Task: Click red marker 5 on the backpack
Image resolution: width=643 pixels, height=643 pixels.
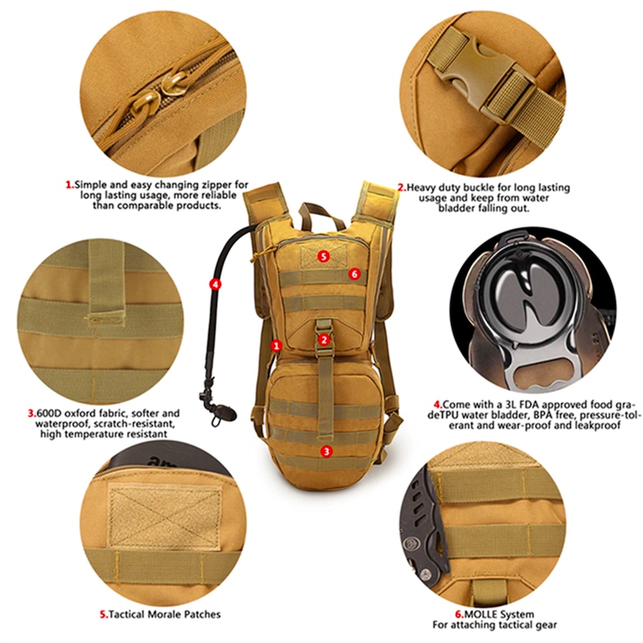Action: [x=324, y=256]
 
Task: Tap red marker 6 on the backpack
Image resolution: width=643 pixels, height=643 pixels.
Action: [x=354, y=274]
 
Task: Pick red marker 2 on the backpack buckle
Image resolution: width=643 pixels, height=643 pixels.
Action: [x=324, y=339]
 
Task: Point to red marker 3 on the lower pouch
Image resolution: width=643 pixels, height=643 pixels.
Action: [x=327, y=451]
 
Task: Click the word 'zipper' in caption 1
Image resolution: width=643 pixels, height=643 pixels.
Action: [x=214, y=184]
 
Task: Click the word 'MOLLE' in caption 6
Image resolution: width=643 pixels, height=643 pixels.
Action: [x=482, y=614]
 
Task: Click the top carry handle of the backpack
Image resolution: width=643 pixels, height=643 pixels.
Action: [x=312, y=211]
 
